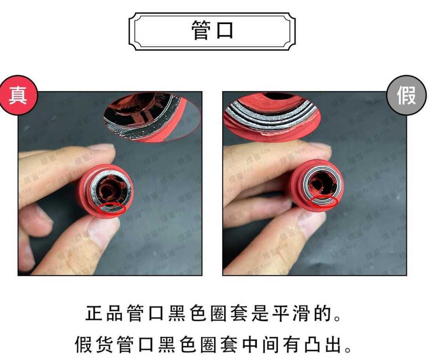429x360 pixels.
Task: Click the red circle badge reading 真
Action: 18,95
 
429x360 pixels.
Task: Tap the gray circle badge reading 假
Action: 406,95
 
